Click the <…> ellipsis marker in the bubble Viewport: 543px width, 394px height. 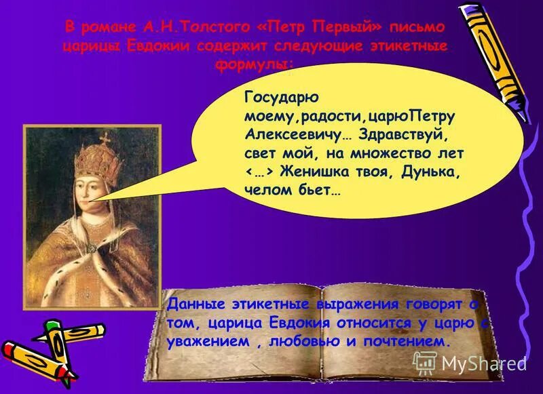[x=259, y=172]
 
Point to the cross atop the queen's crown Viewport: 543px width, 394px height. [x=105, y=137]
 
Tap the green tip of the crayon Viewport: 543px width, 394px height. [x=50, y=325]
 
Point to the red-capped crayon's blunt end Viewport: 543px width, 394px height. [x=99, y=330]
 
